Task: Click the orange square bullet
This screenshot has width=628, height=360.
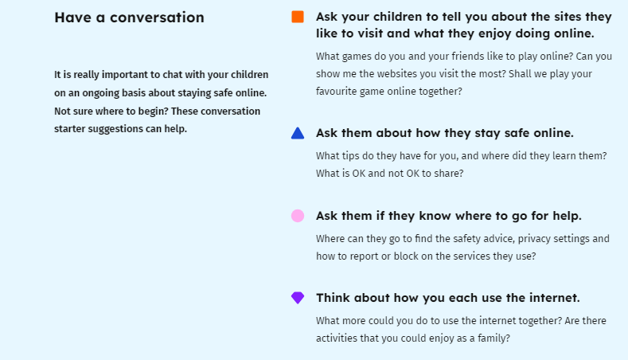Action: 298,17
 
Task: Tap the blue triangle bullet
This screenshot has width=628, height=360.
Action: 298,133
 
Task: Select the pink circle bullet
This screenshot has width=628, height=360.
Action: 298,216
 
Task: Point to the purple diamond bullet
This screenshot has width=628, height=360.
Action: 298,298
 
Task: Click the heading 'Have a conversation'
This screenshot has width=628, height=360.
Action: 130,18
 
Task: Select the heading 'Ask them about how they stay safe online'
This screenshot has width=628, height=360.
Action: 445,133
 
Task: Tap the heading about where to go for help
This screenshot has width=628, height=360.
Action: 449,216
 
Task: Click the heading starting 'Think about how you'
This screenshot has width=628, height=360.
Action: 448,298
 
